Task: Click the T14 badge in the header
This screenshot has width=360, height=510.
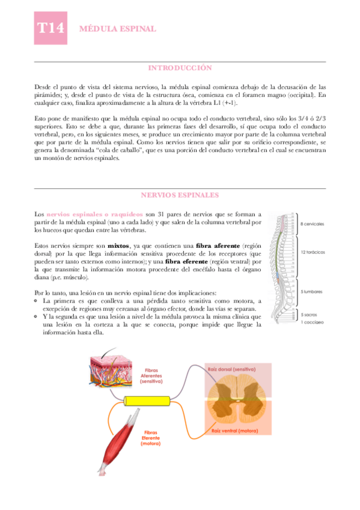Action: coord(50,29)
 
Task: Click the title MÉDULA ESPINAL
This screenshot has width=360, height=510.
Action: coord(118,29)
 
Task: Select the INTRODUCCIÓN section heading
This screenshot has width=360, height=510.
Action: coord(180,68)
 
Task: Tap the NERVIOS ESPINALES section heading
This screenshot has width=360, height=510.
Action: coord(180,195)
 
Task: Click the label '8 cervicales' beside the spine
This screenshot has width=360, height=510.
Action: coord(312,224)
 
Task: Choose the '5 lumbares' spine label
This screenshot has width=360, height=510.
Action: coord(312,292)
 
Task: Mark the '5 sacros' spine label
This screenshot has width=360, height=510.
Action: coord(310,315)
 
